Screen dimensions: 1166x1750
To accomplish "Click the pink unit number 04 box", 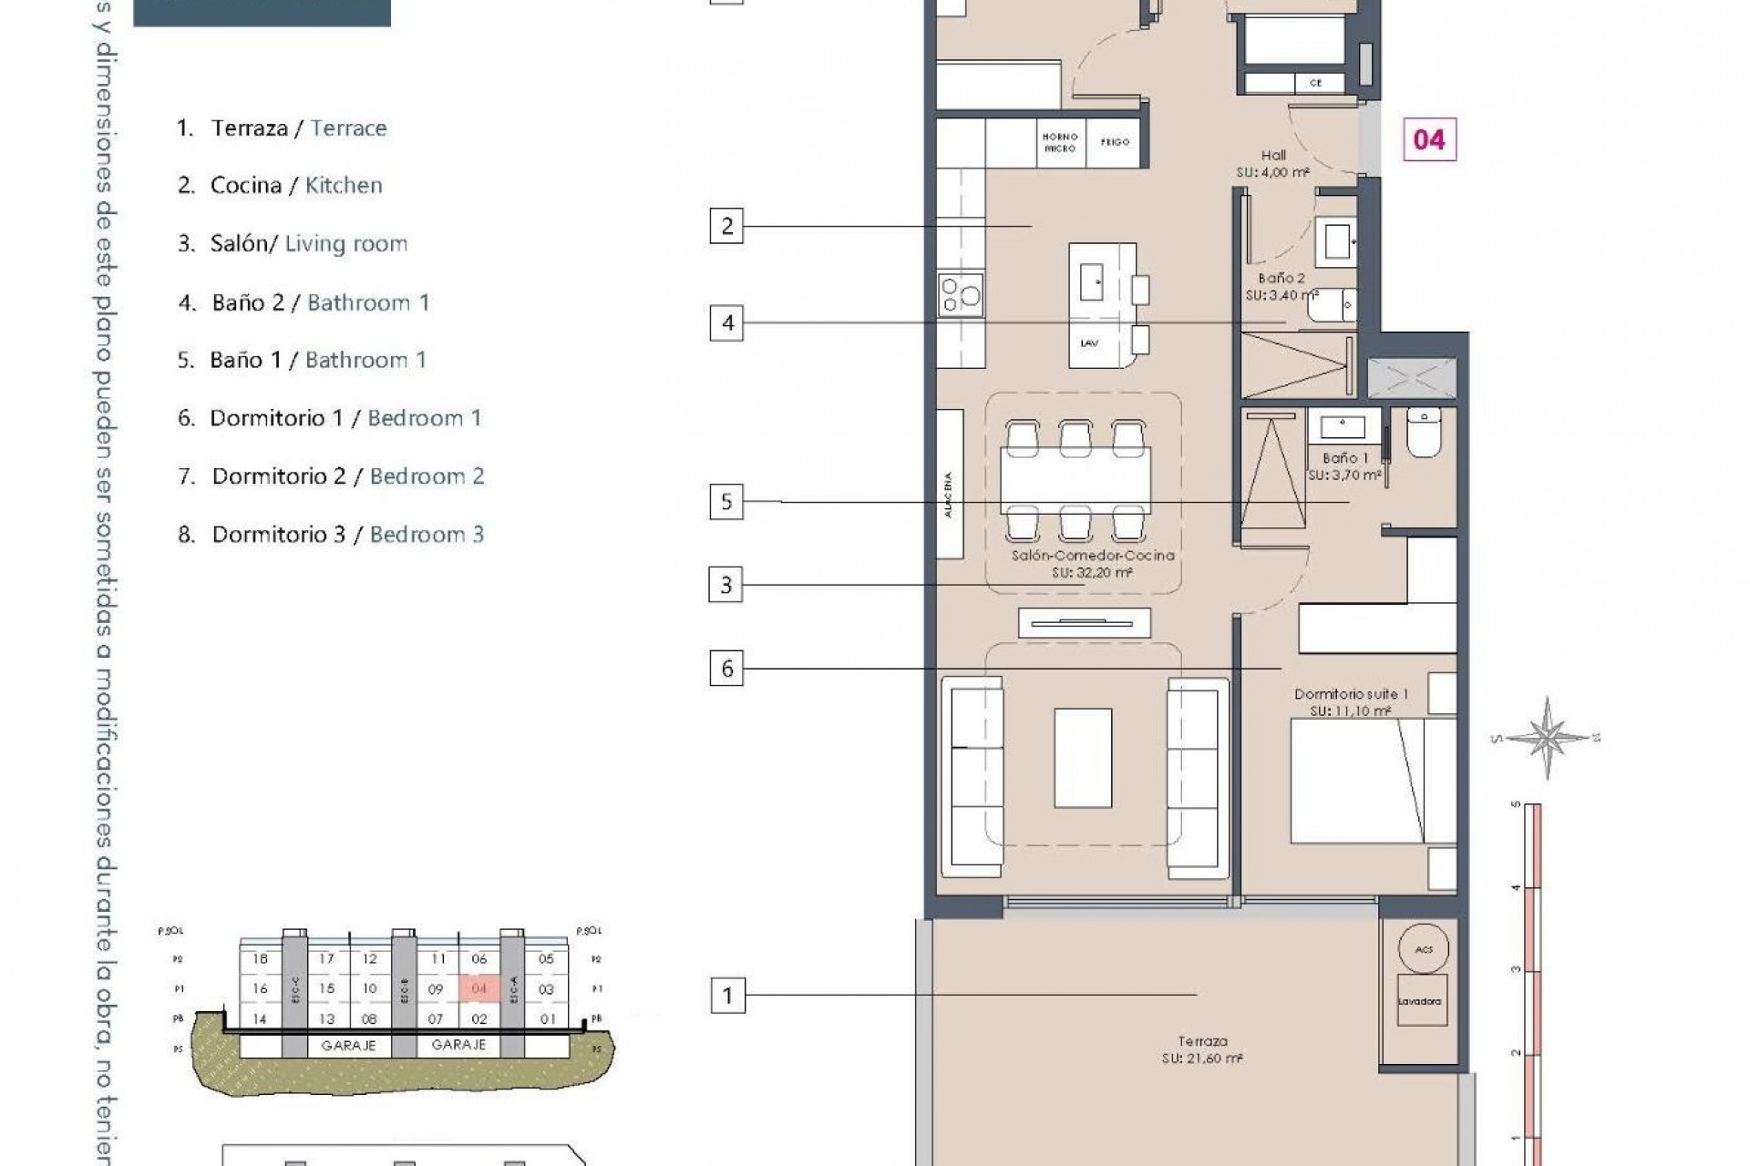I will click(1428, 139).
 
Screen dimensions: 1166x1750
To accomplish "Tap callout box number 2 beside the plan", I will click(726, 226).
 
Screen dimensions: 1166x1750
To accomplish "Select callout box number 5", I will click(726, 502).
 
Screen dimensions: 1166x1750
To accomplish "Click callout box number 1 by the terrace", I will click(726, 996).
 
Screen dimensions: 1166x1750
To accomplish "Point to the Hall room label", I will click(1273, 156).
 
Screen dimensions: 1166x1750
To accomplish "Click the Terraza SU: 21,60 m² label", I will click(1202, 1049).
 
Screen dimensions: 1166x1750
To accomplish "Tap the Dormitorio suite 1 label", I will click(1351, 701).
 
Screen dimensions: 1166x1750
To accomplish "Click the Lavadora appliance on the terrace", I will click(1419, 1001).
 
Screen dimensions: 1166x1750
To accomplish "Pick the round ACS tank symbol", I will click(1424, 949).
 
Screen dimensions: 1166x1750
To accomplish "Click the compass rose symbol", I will click(1547, 737).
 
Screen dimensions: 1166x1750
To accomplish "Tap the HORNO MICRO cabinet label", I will click(1060, 142).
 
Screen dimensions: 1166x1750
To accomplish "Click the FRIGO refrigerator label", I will click(1114, 142).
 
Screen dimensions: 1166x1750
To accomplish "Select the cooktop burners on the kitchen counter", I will click(961, 294).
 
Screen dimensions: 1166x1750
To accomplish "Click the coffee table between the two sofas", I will click(1083, 758).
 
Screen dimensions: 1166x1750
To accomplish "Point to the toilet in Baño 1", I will click(1422, 435).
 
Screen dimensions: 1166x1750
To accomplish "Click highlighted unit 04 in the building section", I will click(479, 988).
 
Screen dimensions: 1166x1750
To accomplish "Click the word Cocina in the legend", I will click(245, 186).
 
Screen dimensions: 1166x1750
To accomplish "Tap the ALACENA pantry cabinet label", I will click(949, 495).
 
